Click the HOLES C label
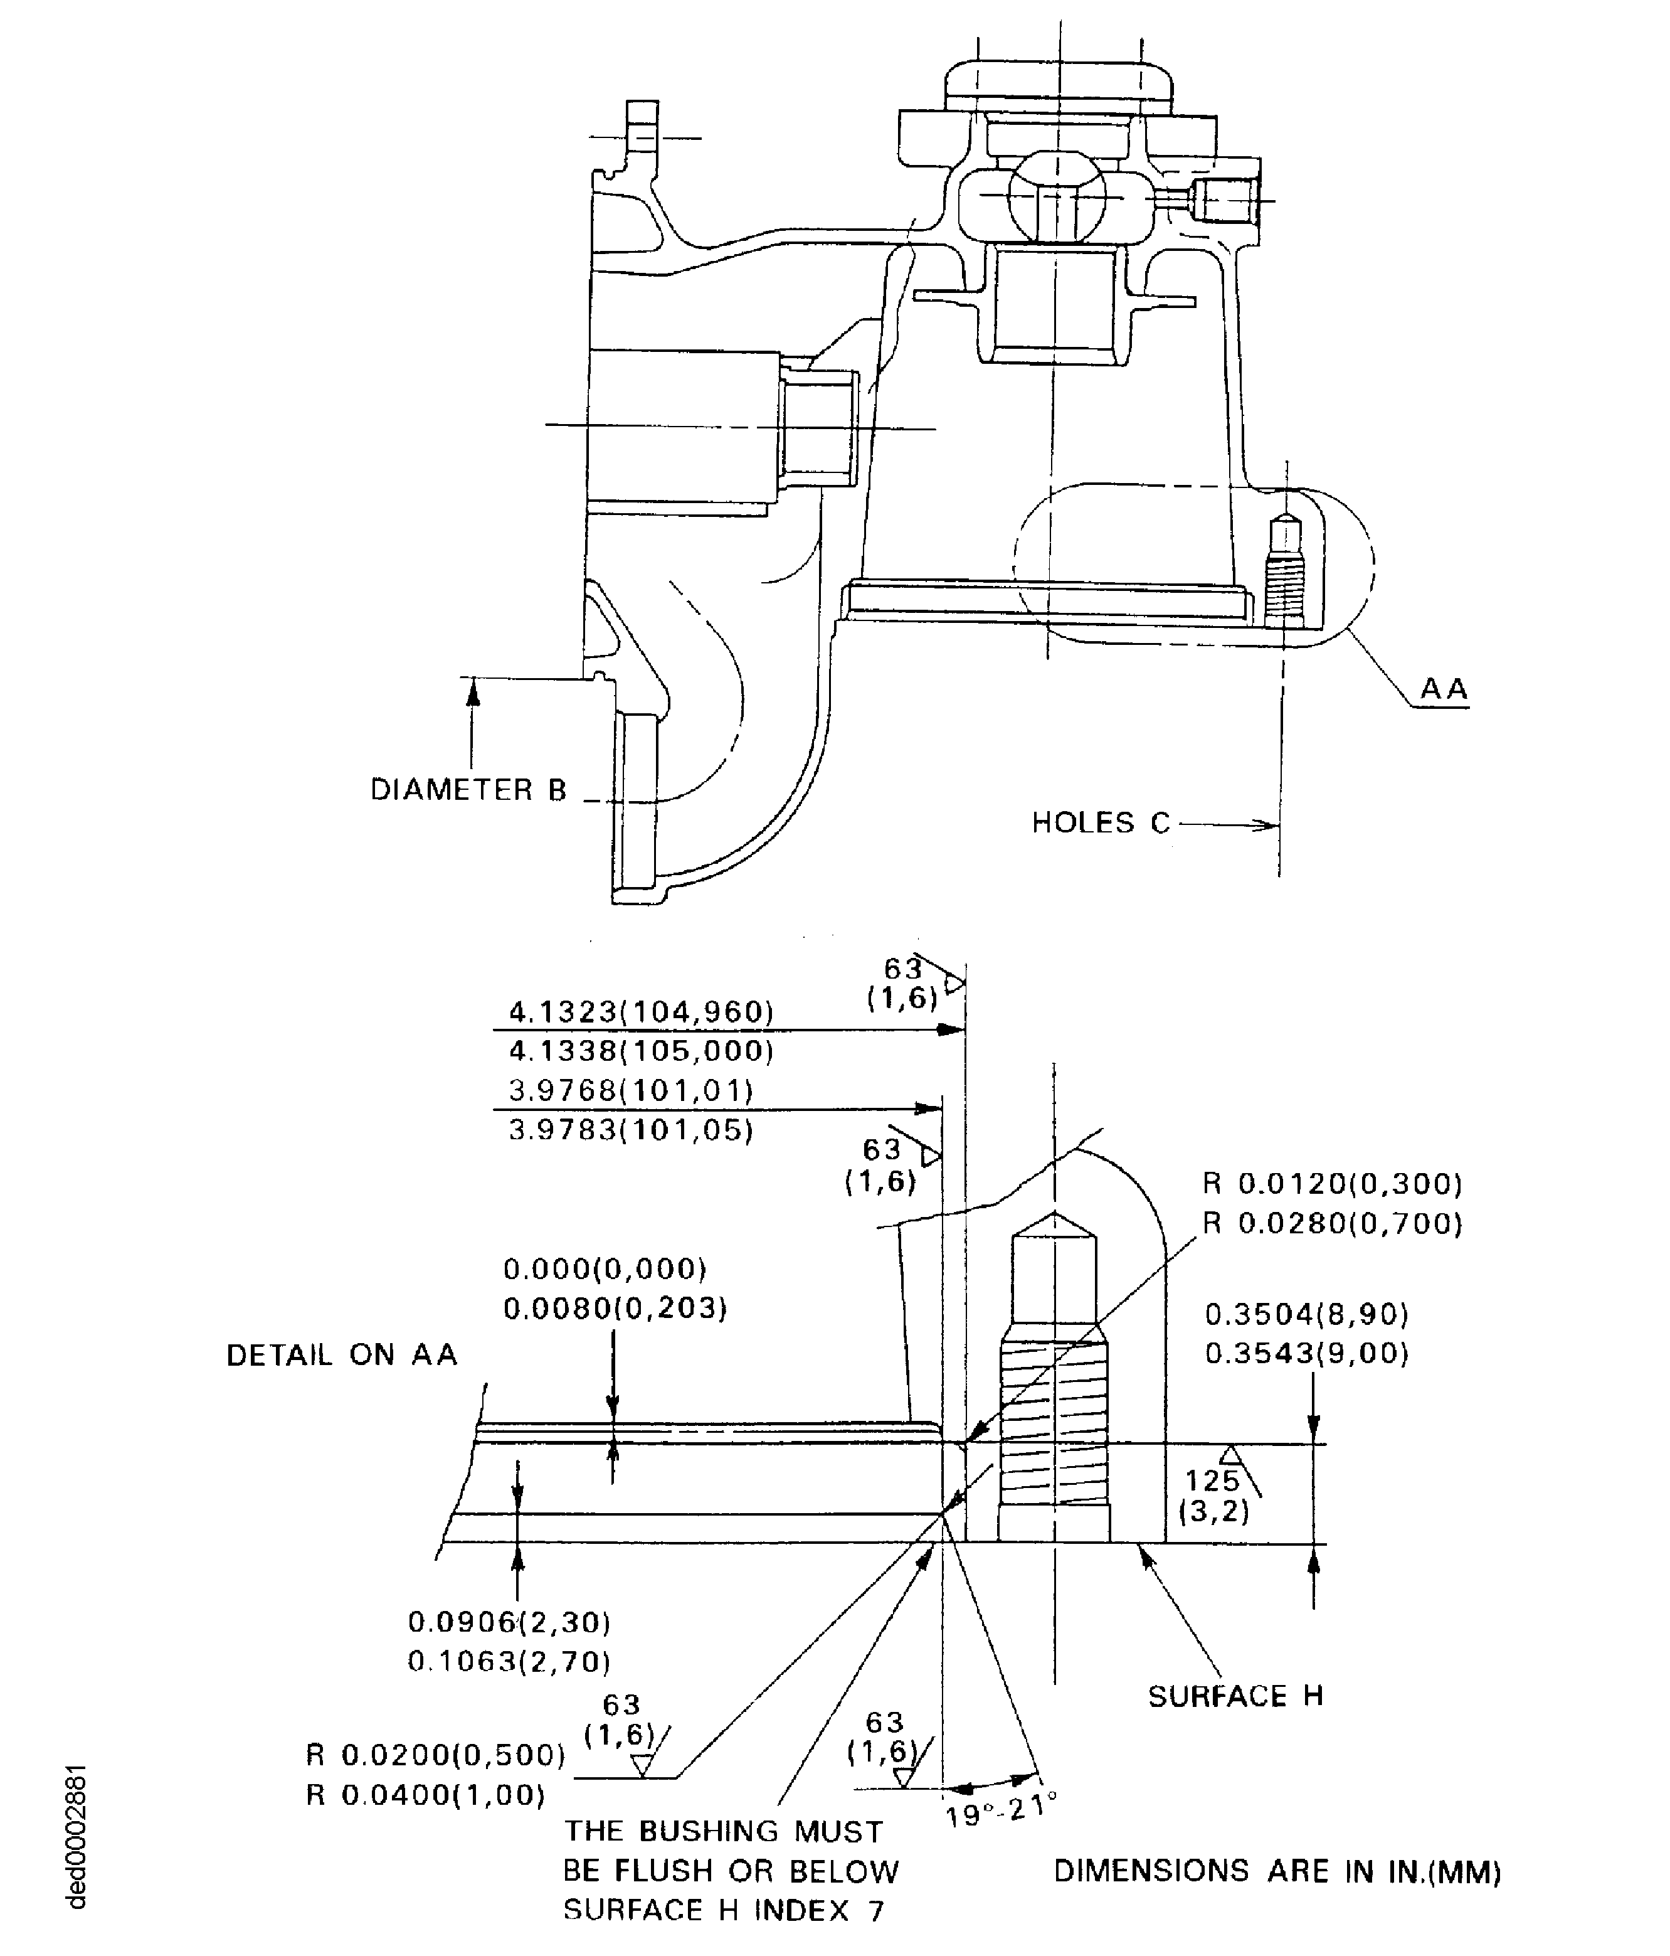pyautogui.click(x=1100, y=823)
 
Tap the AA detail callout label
pyautogui.click(x=1444, y=689)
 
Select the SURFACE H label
pyautogui.click(x=1235, y=1696)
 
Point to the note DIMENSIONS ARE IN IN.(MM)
pyautogui.click(x=1277, y=1871)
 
